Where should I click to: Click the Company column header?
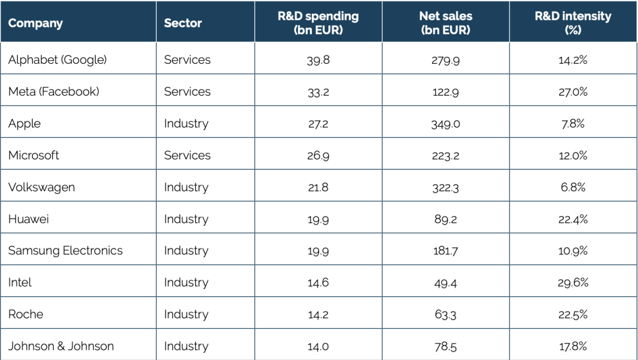36,23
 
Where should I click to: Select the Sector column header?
183,23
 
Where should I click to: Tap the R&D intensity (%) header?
573,23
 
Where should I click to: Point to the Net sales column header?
445,23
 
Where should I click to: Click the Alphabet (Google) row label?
57,60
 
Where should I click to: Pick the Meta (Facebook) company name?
54,92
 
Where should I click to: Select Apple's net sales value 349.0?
446,124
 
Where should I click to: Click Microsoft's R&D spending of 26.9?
318,156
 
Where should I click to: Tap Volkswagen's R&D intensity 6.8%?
573,188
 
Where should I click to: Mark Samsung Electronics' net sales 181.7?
446,251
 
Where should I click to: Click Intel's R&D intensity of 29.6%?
573,283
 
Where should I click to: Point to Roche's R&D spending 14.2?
318,315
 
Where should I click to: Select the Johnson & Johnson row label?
61,346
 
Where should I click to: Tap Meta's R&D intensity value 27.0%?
573,92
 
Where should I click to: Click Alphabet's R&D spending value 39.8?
318,60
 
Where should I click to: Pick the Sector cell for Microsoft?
187,156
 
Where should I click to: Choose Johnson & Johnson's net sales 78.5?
446,346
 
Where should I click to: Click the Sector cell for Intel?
186,283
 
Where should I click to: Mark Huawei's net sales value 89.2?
446,219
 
